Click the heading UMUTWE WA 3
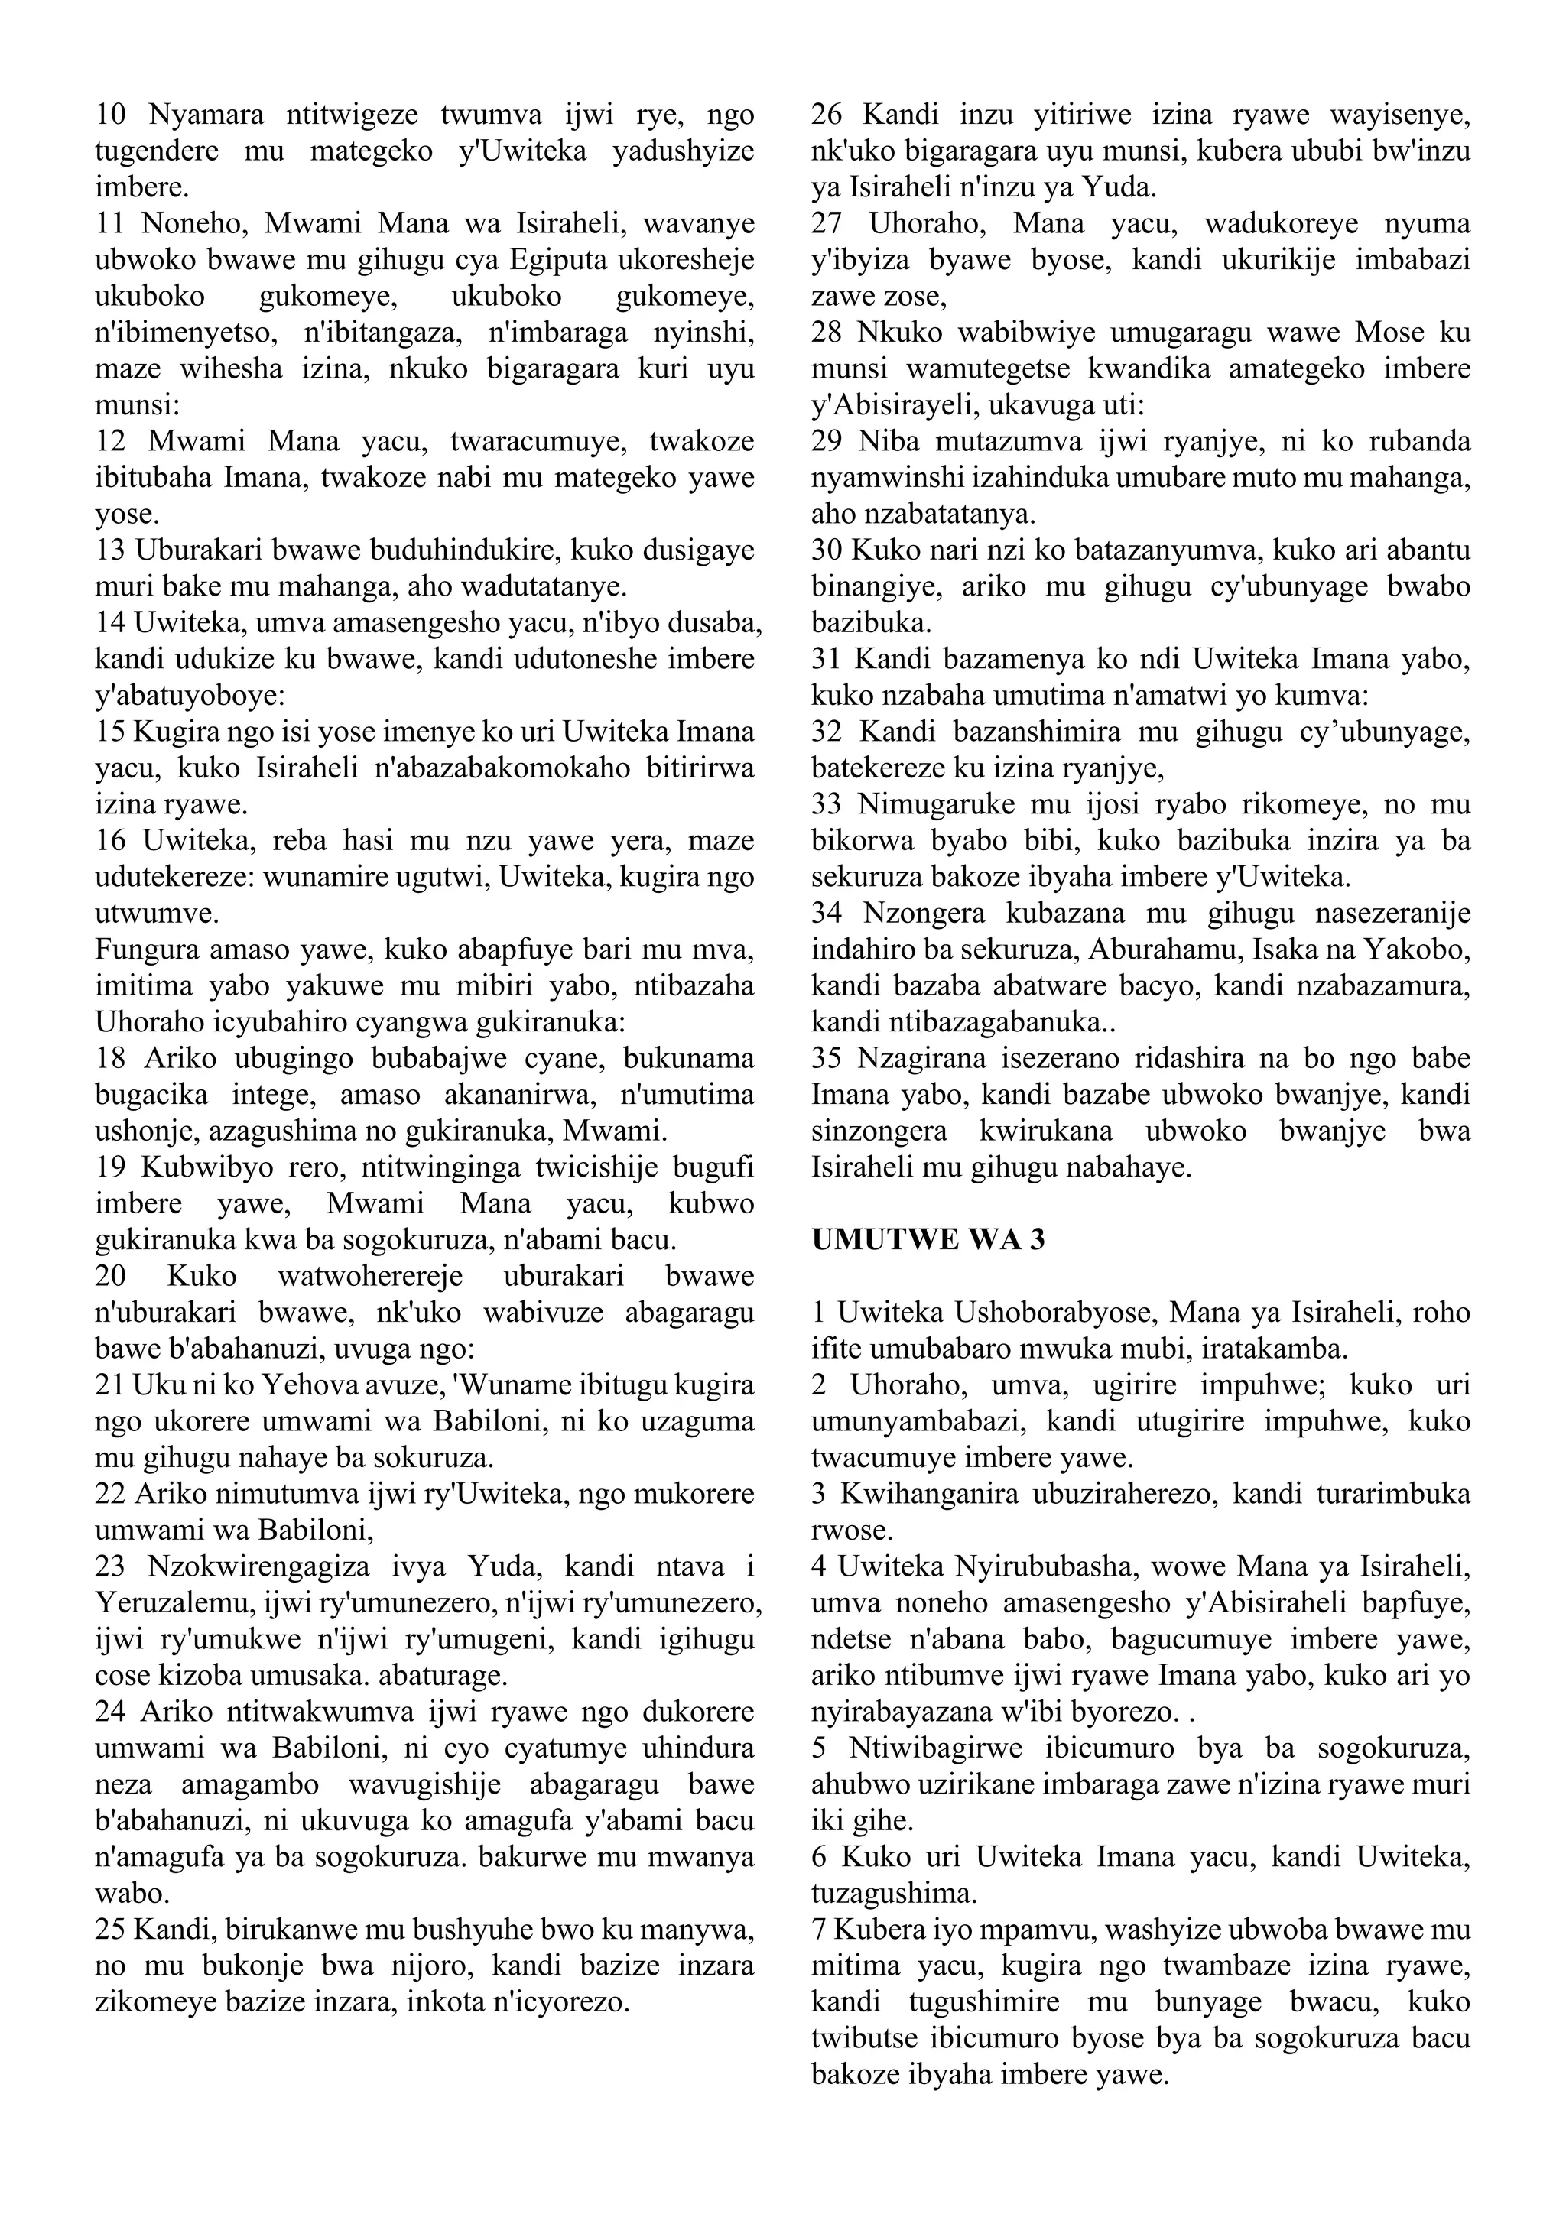click(x=928, y=1240)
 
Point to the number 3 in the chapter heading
click(x=1037, y=1240)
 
